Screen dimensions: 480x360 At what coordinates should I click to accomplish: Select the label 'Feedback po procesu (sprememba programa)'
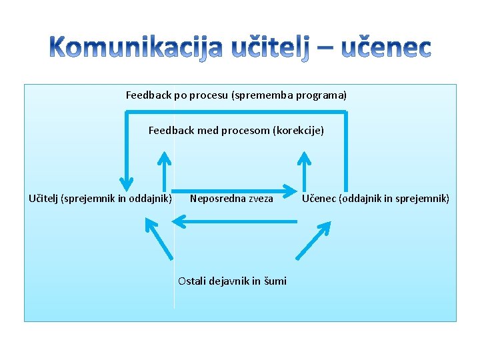pos(236,95)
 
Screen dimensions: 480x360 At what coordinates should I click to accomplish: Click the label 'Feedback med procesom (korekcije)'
pos(236,131)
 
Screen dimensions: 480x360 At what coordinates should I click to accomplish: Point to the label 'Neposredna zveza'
pos(231,198)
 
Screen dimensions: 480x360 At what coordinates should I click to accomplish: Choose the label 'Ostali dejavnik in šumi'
pos(232,281)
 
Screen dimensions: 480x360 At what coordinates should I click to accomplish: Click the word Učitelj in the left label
pos(44,198)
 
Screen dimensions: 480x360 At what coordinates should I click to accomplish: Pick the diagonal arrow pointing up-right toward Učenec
pos(313,239)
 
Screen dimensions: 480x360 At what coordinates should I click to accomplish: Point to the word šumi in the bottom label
pos(275,281)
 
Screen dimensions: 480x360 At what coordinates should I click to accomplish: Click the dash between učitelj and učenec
pos(327,48)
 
